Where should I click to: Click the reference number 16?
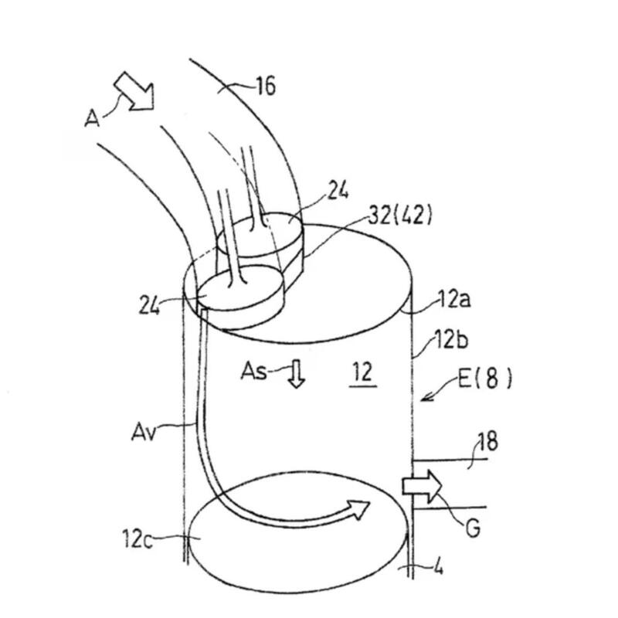(x=266, y=86)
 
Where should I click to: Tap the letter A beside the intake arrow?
(x=92, y=118)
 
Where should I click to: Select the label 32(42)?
(x=399, y=216)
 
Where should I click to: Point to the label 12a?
(x=454, y=300)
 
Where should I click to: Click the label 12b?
(x=451, y=339)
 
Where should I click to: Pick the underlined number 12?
(x=363, y=372)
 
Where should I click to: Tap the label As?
(x=254, y=371)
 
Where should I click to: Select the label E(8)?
(x=485, y=379)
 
